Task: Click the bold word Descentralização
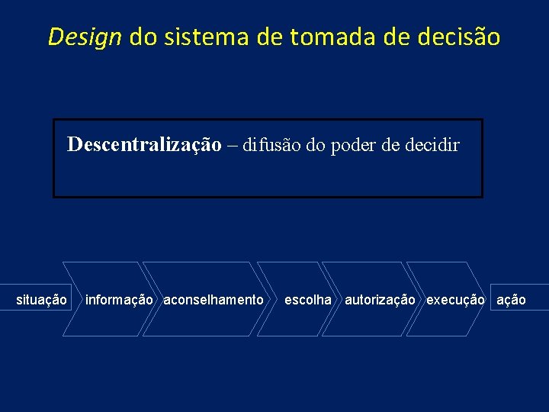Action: [x=144, y=144]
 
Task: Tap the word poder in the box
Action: [x=353, y=145]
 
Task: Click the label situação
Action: [x=41, y=300]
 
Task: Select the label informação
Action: [x=119, y=300]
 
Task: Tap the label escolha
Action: [x=308, y=300]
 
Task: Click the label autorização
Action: [x=380, y=300]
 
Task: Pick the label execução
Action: [x=455, y=300]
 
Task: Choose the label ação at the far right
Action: [x=511, y=300]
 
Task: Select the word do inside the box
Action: [x=315, y=145]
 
